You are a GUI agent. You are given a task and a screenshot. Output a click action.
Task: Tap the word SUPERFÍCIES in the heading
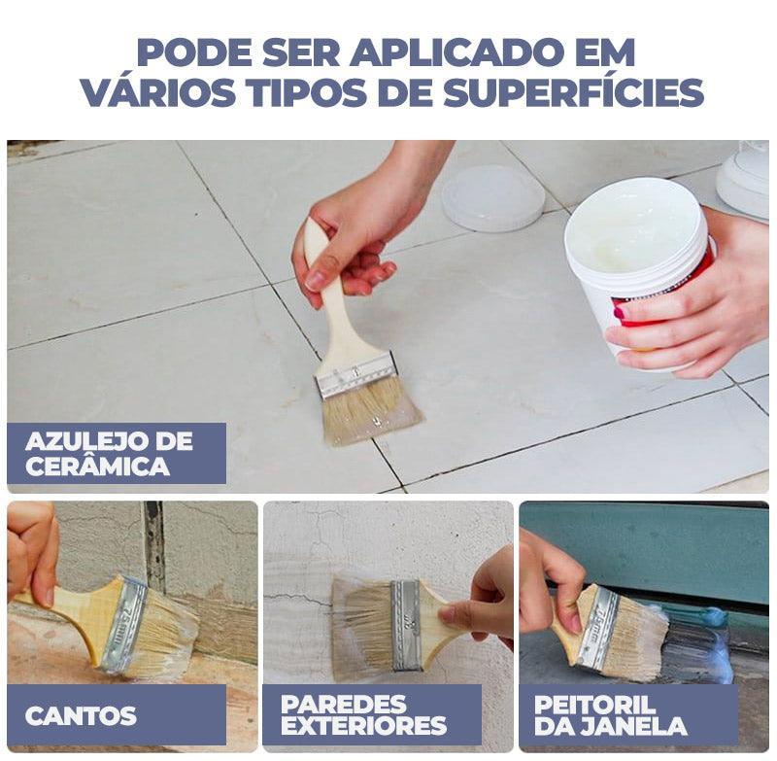click(x=573, y=92)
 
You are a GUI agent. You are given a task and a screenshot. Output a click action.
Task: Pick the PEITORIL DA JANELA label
click(x=612, y=714)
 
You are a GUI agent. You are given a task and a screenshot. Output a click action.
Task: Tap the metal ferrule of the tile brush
click(x=356, y=374)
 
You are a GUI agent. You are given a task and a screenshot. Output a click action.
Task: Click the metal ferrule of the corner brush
click(x=124, y=624)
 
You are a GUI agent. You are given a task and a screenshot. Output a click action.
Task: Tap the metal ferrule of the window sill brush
click(x=598, y=626)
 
